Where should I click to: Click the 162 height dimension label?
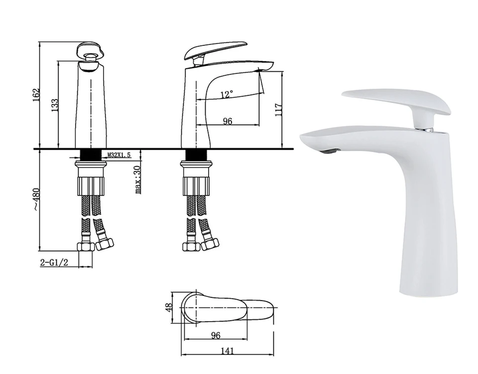point(36,95)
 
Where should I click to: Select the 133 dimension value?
point(55,105)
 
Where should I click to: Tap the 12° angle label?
point(227,94)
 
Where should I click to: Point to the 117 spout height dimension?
point(278,110)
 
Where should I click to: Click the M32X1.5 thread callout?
point(119,155)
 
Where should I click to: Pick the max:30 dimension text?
point(138,180)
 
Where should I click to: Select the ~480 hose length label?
point(36,199)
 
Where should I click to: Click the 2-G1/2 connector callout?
point(54,262)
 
